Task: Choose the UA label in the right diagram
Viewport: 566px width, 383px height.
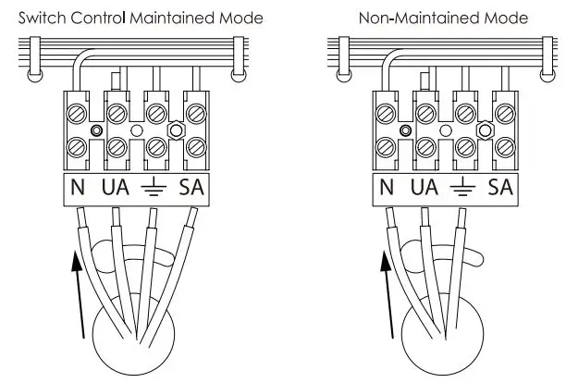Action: click(x=424, y=188)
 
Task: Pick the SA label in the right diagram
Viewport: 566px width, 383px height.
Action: click(x=500, y=188)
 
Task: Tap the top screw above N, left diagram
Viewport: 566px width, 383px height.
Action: click(x=78, y=114)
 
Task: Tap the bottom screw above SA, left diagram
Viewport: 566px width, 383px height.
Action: click(x=195, y=145)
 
